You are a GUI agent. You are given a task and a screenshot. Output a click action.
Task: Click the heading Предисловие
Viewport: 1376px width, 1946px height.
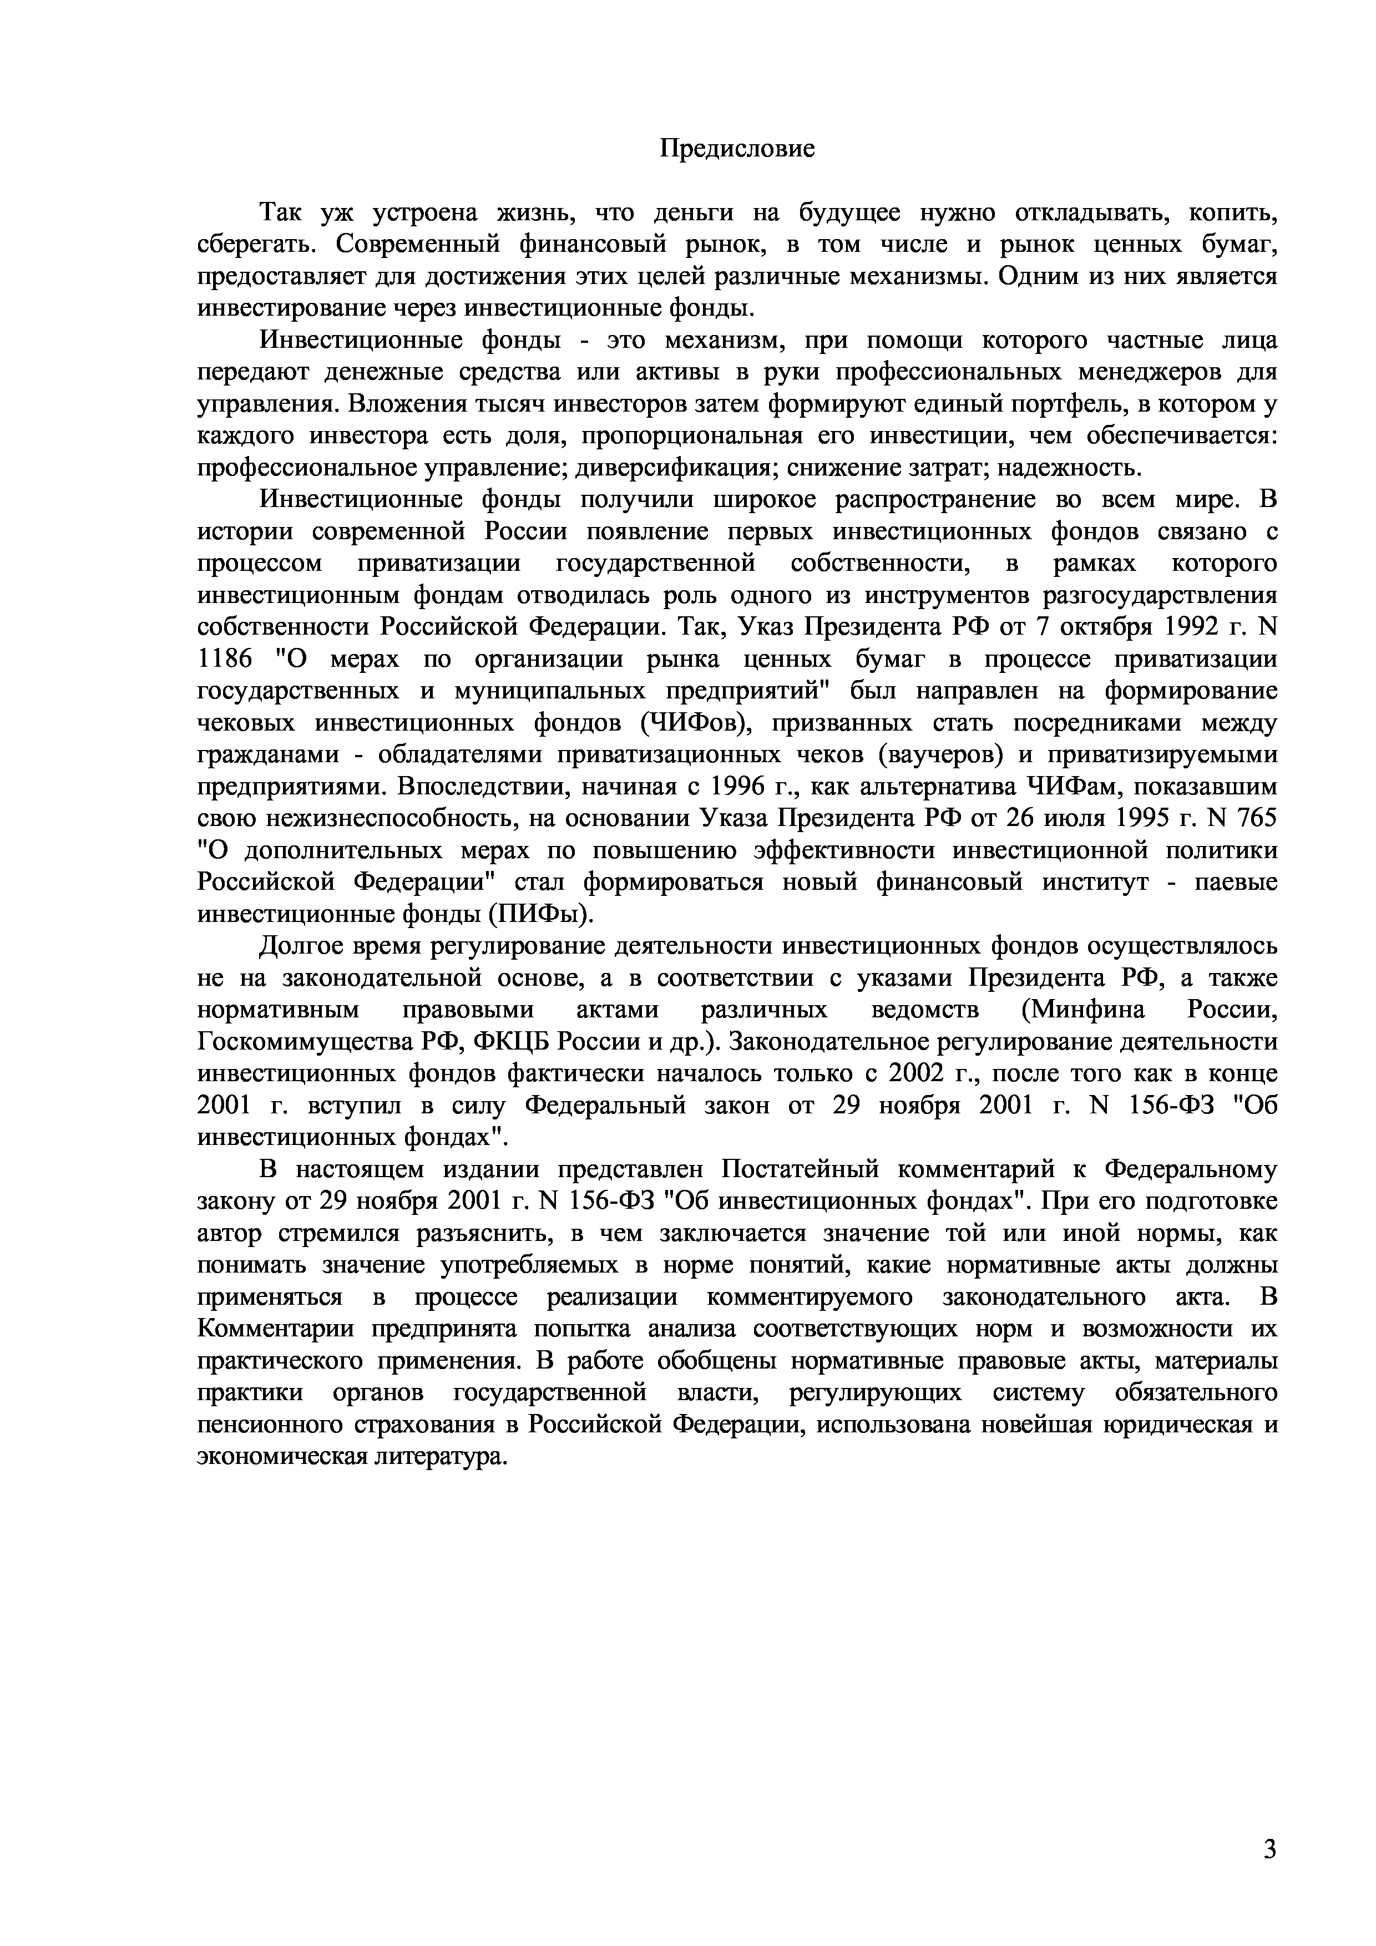[737, 149]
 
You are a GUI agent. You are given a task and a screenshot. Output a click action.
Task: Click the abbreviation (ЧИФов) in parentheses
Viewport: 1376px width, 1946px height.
[697, 723]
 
